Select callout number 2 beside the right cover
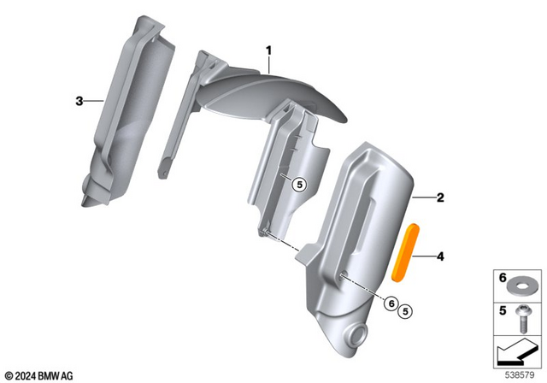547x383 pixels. click(440, 198)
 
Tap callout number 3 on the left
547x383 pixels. click(79, 101)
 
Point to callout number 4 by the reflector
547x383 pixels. click(440, 256)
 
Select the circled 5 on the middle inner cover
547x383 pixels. click(297, 183)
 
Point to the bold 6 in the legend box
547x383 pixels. click(502, 279)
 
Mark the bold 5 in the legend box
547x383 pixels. click(502, 310)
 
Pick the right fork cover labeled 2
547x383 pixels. click(359, 239)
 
